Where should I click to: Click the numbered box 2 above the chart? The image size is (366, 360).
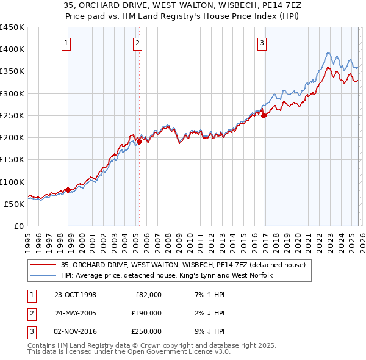pos(138,43)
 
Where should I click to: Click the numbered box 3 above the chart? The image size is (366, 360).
pos(261,43)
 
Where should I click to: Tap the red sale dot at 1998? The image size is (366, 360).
pos(68,190)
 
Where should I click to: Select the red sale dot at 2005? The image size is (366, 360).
pos(139,142)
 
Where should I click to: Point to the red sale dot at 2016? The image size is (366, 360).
pos(264,115)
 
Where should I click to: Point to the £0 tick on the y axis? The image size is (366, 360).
pos(18,226)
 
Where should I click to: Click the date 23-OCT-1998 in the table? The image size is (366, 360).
pos(75,295)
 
